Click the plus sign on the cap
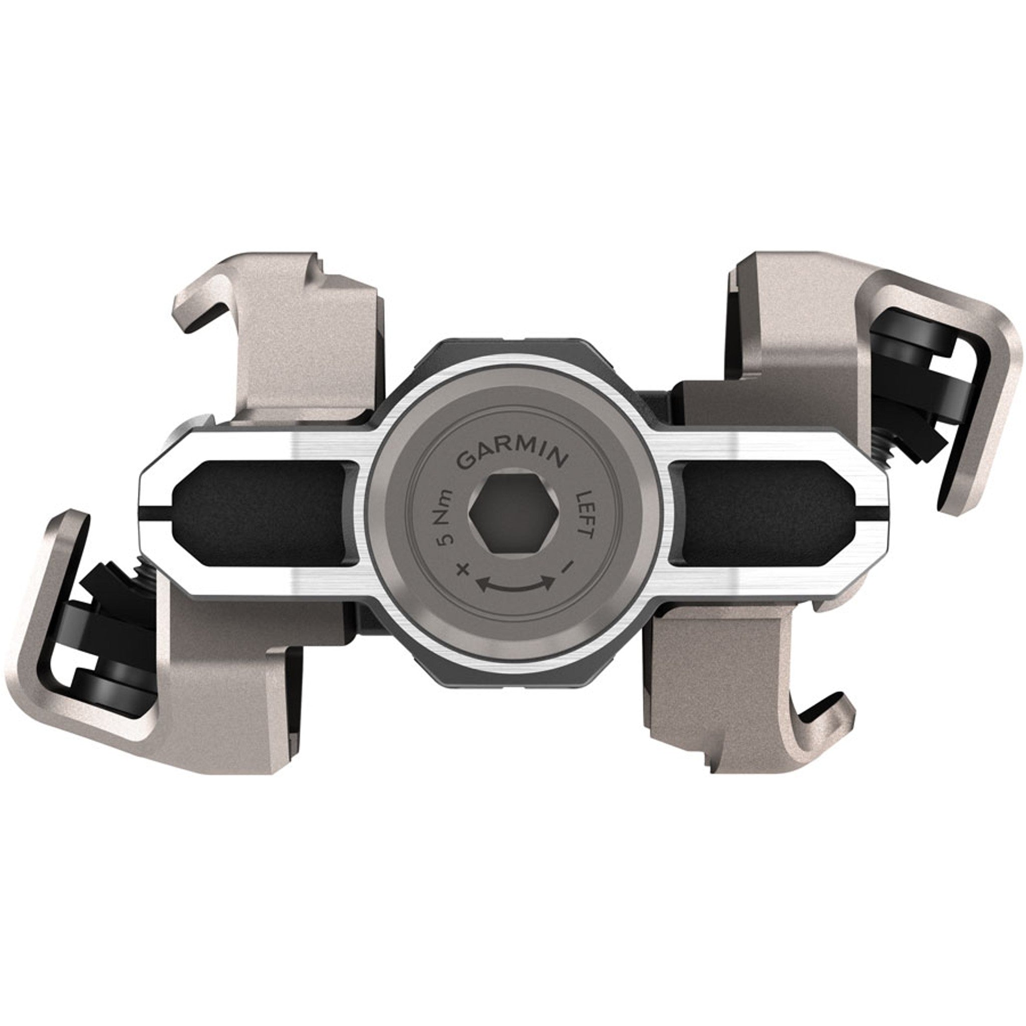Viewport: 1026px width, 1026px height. (x=463, y=570)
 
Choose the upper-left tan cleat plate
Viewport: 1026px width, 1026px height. (x=298, y=345)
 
